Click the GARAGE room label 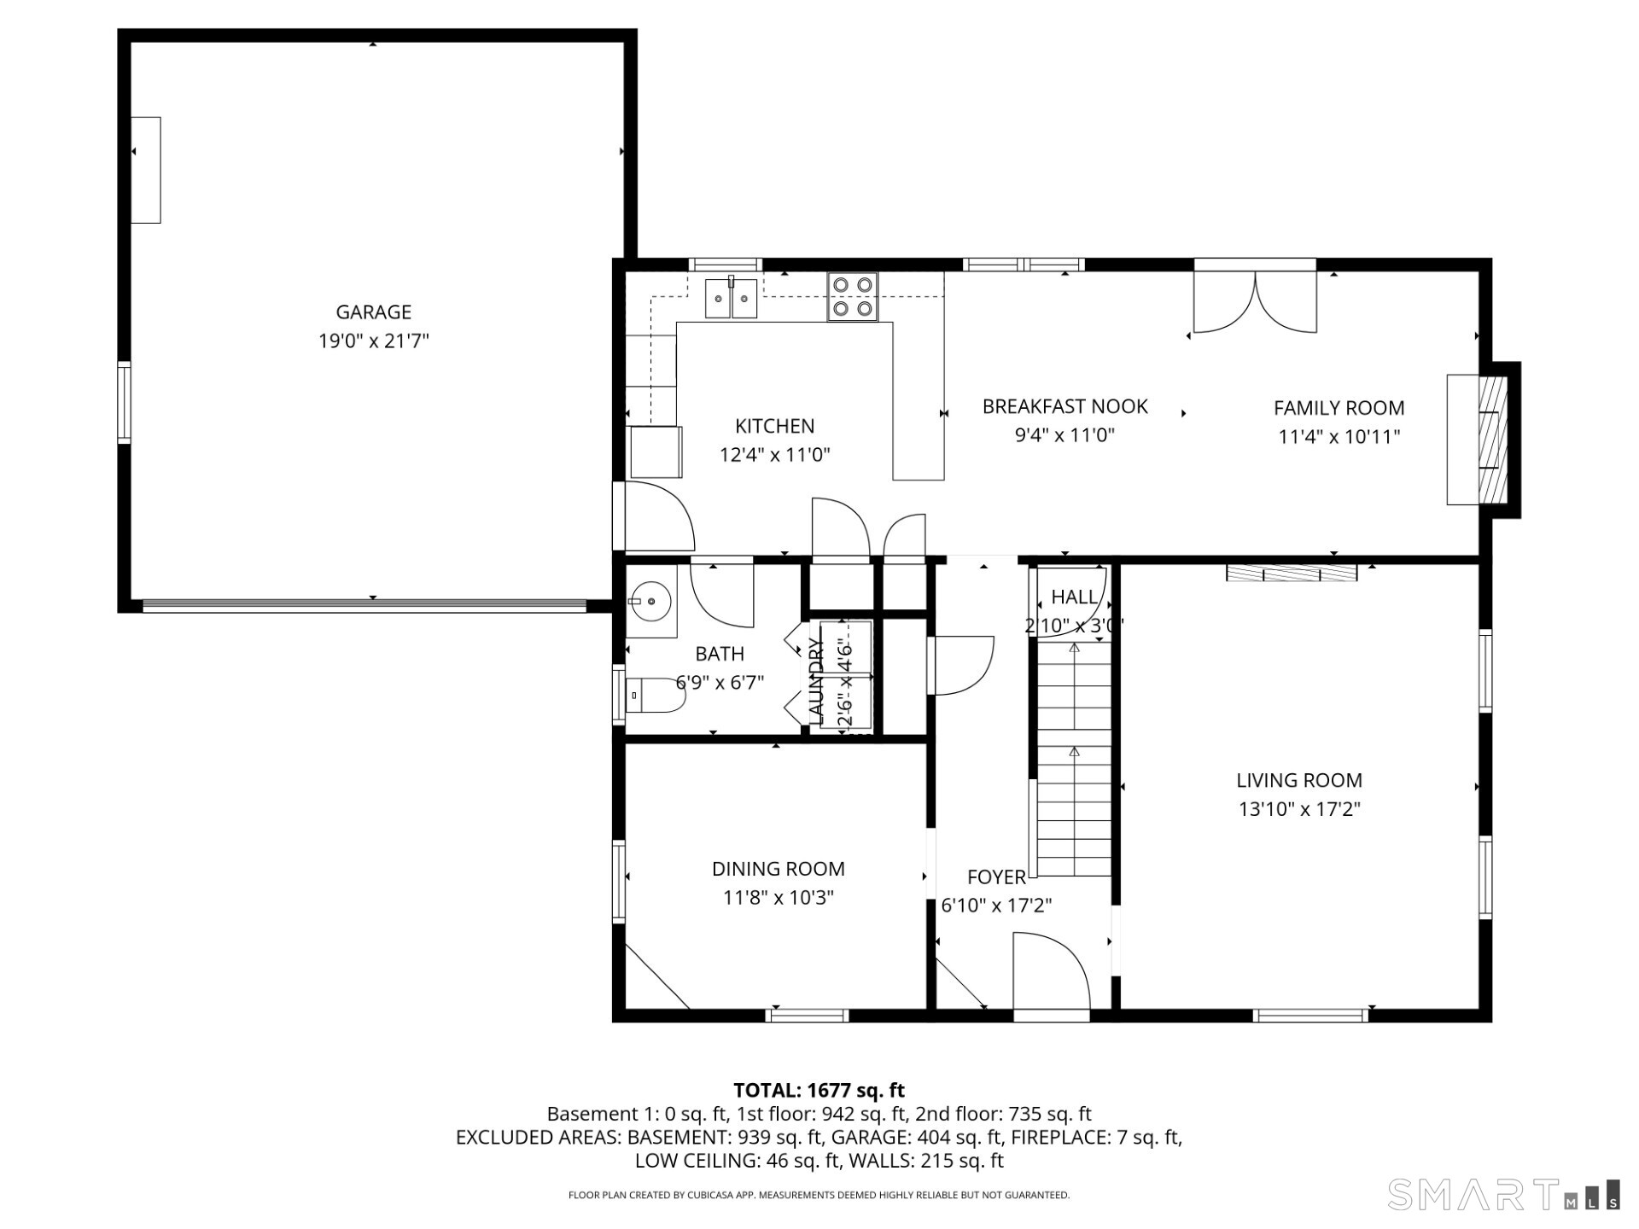click(x=373, y=312)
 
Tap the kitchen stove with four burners click(x=852, y=296)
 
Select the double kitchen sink click(x=731, y=299)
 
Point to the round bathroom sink click(x=650, y=601)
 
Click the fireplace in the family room click(x=1481, y=440)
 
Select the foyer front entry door click(x=1051, y=973)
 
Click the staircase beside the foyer click(x=1074, y=760)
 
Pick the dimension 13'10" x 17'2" click(x=1298, y=809)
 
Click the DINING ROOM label click(x=778, y=869)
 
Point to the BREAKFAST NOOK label click(x=1064, y=406)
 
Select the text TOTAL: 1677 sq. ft click(x=819, y=1090)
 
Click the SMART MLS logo click(x=1502, y=1194)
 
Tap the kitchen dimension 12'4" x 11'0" click(x=774, y=455)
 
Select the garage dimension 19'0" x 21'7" click(x=373, y=341)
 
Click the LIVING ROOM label click(x=1298, y=780)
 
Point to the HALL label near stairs click(x=1074, y=597)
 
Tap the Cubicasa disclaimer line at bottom click(x=819, y=1195)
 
